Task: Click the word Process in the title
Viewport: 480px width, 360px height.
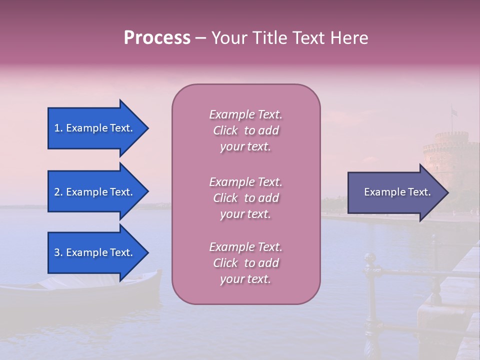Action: (x=157, y=38)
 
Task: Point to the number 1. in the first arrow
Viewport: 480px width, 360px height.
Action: (x=58, y=128)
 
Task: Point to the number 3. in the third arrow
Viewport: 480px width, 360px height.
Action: (x=58, y=252)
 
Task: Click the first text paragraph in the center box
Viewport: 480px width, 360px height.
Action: (x=245, y=130)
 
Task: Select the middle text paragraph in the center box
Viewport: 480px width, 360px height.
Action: (x=245, y=198)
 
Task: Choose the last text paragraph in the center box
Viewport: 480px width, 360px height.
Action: (x=245, y=263)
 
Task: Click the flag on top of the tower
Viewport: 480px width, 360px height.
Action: (x=454, y=112)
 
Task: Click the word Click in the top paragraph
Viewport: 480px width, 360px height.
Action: (x=225, y=130)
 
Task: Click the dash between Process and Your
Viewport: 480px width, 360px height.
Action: (x=201, y=38)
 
